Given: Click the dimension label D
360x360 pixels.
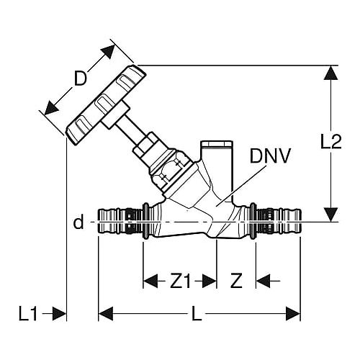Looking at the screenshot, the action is tap(80, 78).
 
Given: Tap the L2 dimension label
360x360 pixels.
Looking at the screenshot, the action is tap(331, 141).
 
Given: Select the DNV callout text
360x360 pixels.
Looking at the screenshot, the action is tap(270, 156).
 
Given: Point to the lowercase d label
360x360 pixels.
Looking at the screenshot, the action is tap(78, 222).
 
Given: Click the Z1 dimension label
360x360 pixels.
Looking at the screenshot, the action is tap(180, 281).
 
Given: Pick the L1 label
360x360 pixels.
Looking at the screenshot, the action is tap(28, 314).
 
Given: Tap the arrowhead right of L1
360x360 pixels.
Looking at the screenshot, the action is tap(59, 314).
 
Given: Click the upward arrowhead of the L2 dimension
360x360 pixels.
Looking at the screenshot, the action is tap(330, 73).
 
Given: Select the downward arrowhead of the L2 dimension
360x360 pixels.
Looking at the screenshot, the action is tap(330, 215).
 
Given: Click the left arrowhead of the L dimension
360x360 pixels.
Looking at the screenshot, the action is tap(106, 314).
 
